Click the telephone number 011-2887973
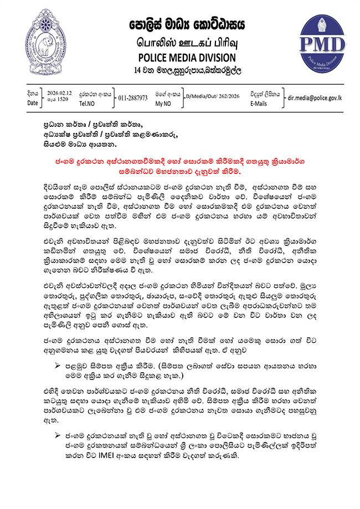coord(133,98)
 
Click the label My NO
coord(163,103)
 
